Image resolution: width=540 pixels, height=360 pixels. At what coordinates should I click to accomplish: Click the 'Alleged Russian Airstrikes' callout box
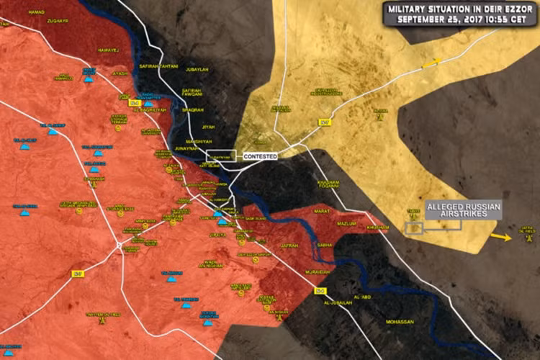[x=462, y=210]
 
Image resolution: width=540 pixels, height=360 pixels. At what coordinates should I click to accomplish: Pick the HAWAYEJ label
[x=107, y=49]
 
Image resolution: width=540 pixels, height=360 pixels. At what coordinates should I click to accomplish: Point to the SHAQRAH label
[x=192, y=110]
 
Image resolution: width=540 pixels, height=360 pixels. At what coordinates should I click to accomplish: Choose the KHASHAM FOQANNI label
[x=329, y=184]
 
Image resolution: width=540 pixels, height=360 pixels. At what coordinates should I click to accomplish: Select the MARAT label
[x=321, y=211]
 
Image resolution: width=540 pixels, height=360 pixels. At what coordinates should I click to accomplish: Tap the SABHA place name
[x=325, y=245]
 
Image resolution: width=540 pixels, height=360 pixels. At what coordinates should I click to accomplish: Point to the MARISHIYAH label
[x=197, y=141]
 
